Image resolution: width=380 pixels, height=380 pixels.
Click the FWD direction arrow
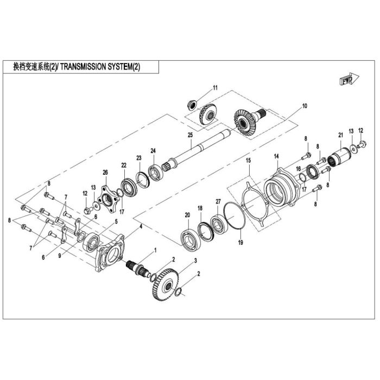(349, 79)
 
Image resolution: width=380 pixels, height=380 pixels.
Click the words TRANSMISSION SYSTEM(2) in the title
(100, 67)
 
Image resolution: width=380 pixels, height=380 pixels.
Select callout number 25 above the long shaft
(190, 135)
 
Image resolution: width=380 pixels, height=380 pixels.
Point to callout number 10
(305, 106)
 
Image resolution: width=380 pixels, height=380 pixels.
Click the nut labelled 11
(192, 105)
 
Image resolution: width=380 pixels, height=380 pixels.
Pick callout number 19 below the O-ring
(240, 242)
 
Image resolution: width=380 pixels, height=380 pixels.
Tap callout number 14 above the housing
(276, 156)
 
